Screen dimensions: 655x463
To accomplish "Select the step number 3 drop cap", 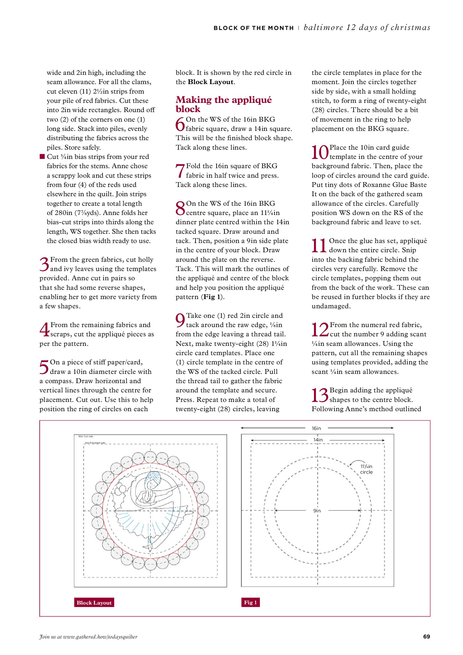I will click(x=44, y=264).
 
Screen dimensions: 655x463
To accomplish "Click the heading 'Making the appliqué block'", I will click(x=223, y=104).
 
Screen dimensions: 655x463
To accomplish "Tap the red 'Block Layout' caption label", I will click(x=94, y=603).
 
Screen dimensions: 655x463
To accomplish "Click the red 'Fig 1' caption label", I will click(x=250, y=602).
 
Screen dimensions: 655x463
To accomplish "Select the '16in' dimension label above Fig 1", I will click(x=316, y=428).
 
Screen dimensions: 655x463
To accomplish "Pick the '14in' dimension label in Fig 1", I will click(x=318, y=440).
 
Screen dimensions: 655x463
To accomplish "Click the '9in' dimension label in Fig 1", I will click(x=317, y=511).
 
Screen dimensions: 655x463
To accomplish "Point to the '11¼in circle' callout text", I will click(x=366, y=469).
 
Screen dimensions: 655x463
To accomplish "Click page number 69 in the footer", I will click(x=426, y=637).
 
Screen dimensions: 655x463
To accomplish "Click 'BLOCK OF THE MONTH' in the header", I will click(x=254, y=28).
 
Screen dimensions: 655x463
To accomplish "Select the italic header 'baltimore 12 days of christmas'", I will click(x=367, y=27).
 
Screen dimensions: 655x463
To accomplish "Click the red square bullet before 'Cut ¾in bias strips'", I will click(x=42, y=156).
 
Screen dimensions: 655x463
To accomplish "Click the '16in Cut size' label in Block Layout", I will click(x=85, y=436).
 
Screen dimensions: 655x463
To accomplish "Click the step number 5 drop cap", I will click(x=44, y=367).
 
